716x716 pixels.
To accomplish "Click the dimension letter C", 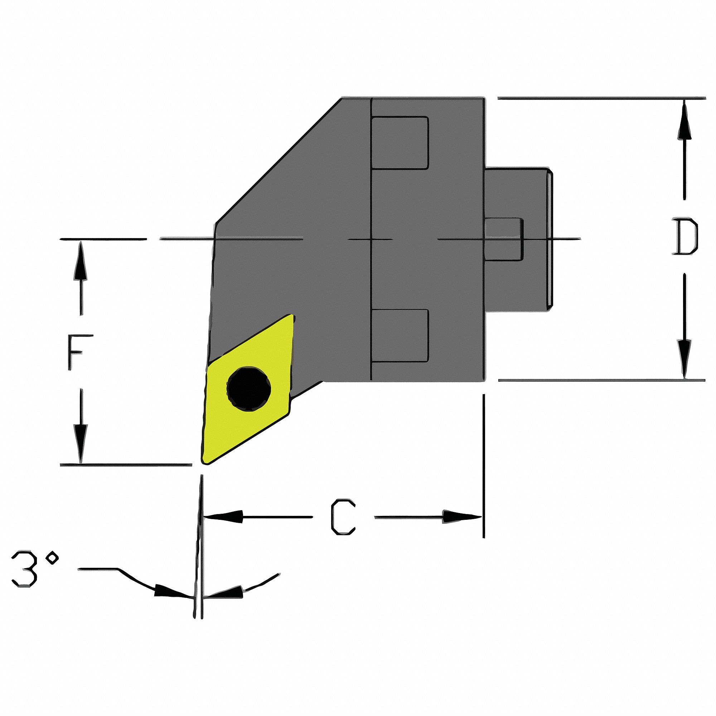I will point(343,517).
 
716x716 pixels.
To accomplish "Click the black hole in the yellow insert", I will point(249,389).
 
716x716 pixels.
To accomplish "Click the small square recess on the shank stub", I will point(504,239).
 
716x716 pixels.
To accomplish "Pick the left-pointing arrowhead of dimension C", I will point(222,517).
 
